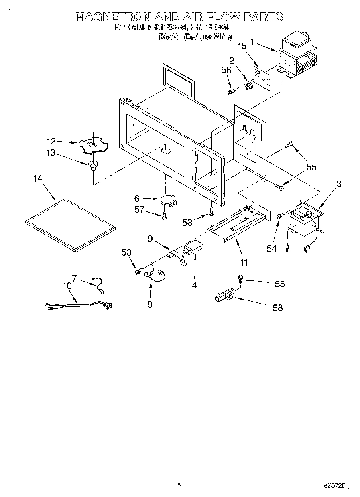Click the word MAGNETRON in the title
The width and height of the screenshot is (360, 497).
[x=114, y=17]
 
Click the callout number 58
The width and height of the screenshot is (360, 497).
[x=277, y=308]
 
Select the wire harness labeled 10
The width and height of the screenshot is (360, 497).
[x=77, y=306]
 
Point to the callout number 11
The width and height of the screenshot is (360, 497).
[x=244, y=263]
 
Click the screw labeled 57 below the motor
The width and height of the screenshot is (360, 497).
[x=165, y=217]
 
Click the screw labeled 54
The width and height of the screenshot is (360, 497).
[x=279, y=216]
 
